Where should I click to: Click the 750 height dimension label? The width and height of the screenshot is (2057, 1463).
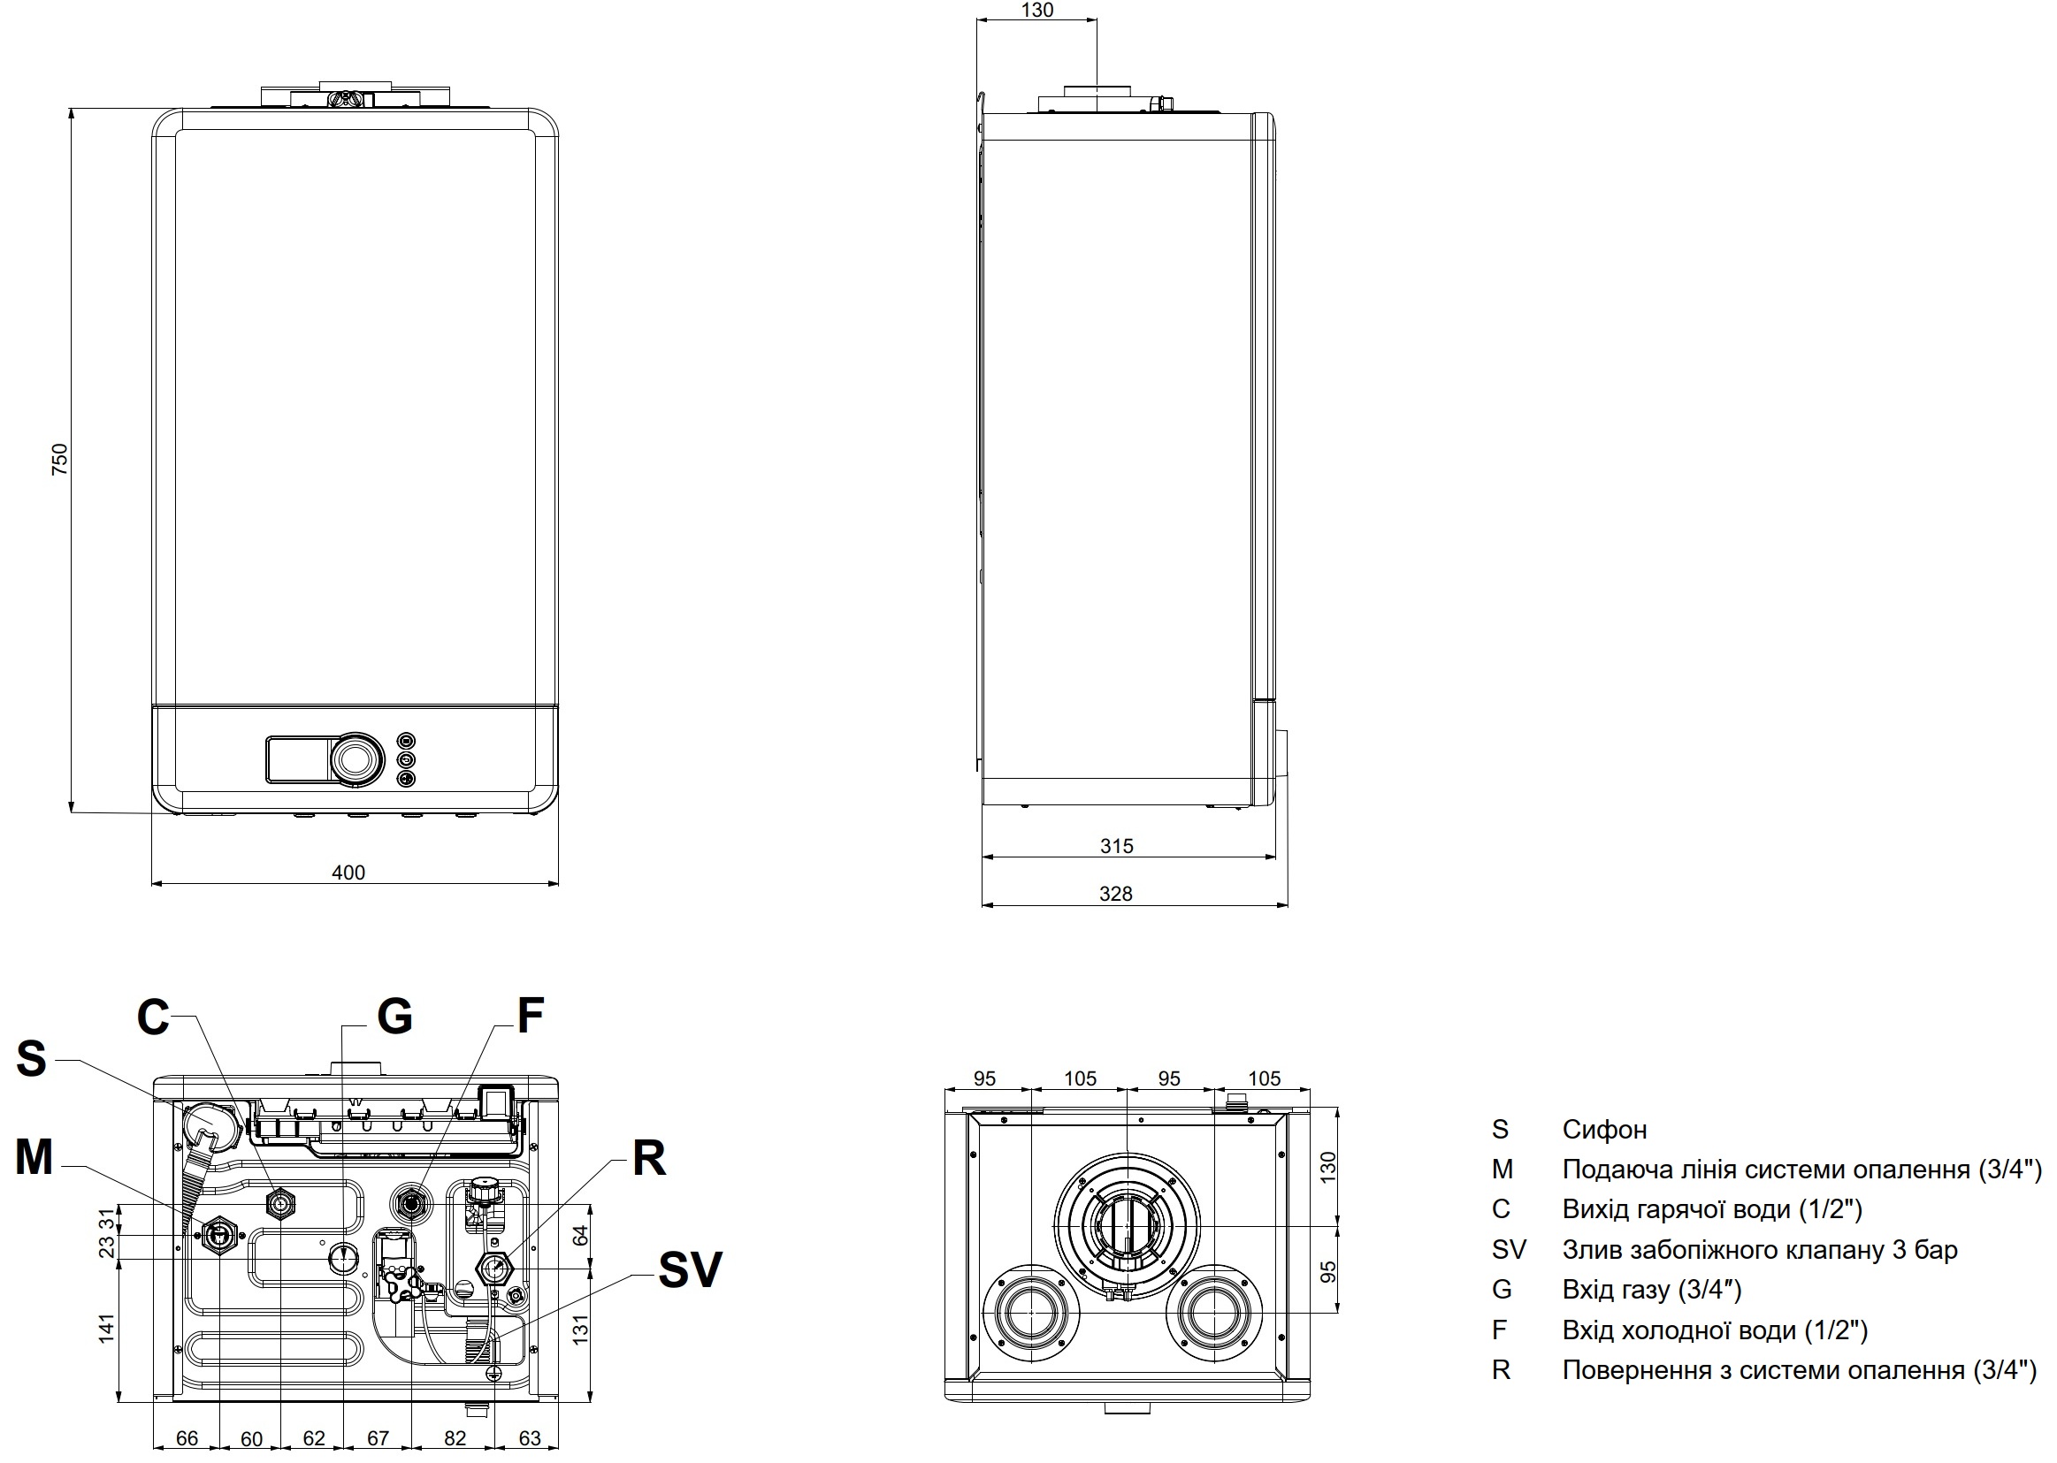(x=59, y=460)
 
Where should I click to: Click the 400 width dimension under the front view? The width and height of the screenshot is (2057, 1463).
(x=348, y=872)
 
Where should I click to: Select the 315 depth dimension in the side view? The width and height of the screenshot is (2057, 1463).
(x=1116, y=846)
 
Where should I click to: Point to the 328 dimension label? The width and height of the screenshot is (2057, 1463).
(x=1115, y=894)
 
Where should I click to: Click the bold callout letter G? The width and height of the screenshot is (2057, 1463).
(x=394, y=1017)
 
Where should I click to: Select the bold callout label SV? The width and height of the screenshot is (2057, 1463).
(x=689, y=1270)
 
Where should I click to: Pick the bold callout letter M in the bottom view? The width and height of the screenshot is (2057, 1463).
(x=34, y=1158)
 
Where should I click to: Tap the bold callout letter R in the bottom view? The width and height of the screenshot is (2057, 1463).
(x=649, y=1159)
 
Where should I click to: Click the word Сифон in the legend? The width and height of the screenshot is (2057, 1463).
(x=1604, y=1130)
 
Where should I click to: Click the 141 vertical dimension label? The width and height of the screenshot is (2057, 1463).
(x=106, y=1329)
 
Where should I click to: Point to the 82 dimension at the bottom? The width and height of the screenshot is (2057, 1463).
(x=455, y=1438)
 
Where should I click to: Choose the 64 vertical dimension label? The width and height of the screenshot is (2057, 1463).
(x=580, y=1235)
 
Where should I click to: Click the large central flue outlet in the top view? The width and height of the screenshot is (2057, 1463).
(x=1127, y=1227)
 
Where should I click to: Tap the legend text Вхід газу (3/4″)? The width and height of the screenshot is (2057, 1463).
(x=1652, y=1290)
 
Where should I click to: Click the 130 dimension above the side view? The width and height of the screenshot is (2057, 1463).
(x=1037, y=10)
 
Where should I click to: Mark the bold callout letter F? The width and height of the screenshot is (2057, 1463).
(x=530, y=1017)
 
